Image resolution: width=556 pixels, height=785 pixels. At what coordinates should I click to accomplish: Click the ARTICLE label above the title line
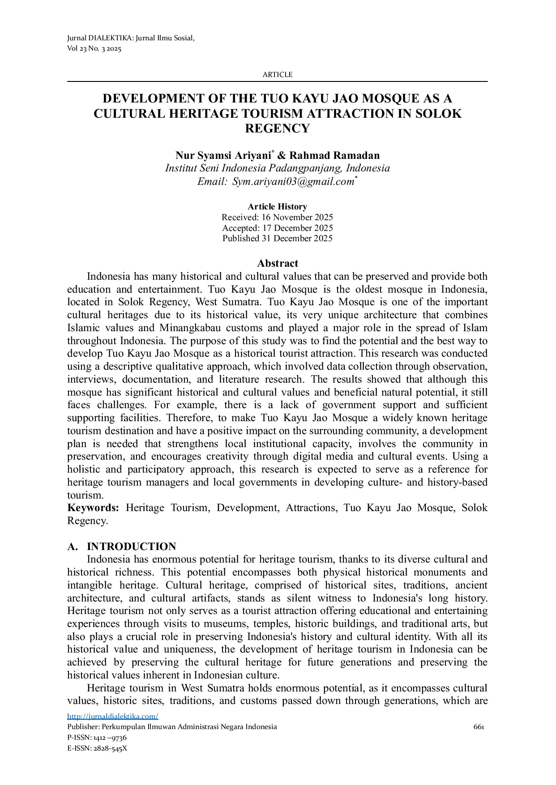tap(278, 75)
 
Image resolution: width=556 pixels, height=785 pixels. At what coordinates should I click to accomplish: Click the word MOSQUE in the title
tap(375, 98)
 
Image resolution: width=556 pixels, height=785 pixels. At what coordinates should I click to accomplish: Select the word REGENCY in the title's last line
tap(278, 128)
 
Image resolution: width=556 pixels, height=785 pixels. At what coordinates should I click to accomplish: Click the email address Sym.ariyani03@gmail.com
tap(293, 182)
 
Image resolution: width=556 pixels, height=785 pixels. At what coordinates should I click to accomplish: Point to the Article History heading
tap(278, 207)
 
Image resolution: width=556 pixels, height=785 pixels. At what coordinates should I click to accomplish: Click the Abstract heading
tap(278, 263)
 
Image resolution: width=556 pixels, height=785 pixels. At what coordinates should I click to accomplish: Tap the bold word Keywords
tap(93, 508)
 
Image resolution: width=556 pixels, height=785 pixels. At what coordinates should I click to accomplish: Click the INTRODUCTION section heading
tap(131, 546)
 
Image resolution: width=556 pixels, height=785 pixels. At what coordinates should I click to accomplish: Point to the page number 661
tap(479, 727)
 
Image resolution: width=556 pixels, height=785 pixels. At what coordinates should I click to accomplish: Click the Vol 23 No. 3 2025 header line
tap(94, 48)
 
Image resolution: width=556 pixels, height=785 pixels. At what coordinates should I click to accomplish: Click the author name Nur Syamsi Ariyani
tap(223, 155)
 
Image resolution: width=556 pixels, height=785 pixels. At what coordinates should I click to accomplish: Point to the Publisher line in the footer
tap(172, 727)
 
